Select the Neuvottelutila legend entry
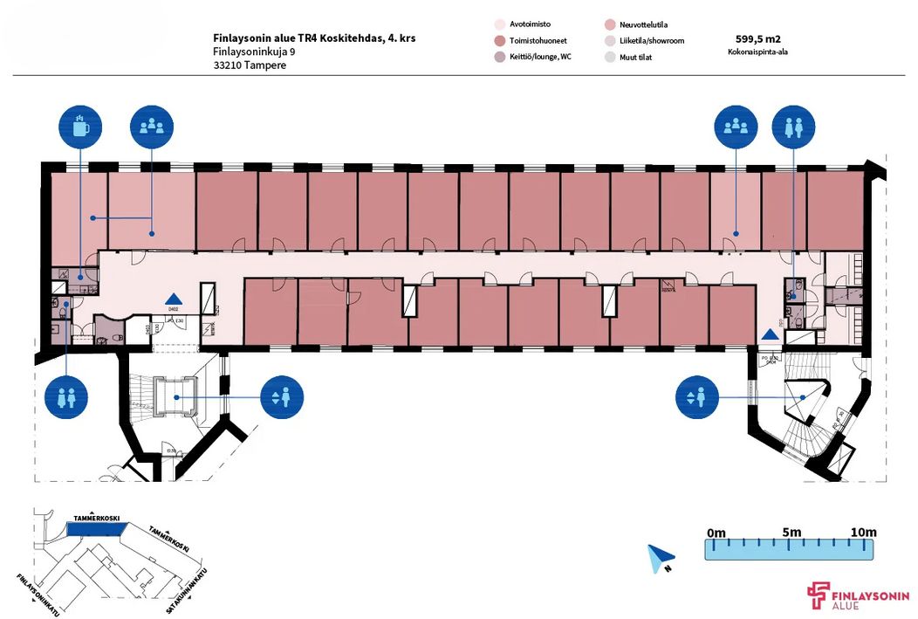tap(641, 25)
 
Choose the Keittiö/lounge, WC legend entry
tap(539, 57)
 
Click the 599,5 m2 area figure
tap(757, 38)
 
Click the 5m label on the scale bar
tap(792, 533)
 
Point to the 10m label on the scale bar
tap(863, 533)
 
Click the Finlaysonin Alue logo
tap(860, 596)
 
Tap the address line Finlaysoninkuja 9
tap(254, 52)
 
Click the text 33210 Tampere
tap(249, 65)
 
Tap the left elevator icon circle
tap(281, 397)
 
